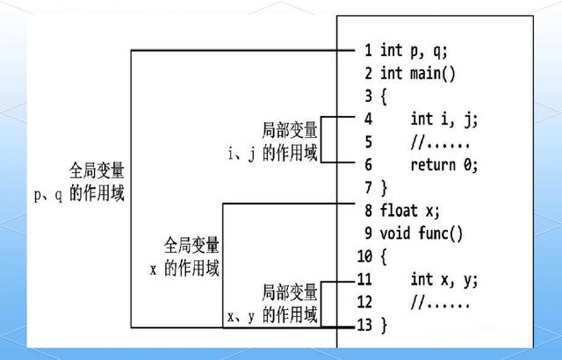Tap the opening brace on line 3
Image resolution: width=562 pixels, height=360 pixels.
click(x=384, y=95)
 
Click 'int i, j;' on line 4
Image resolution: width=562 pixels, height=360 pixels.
click(x=444, y=118)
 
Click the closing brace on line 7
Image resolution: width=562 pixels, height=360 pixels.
click(x=384, y=186)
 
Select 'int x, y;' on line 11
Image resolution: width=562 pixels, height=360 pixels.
click(x=444, y=279)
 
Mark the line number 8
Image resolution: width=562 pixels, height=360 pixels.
click(x=367, y=211)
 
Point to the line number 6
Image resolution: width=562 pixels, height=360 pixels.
click(x=367, y=163)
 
